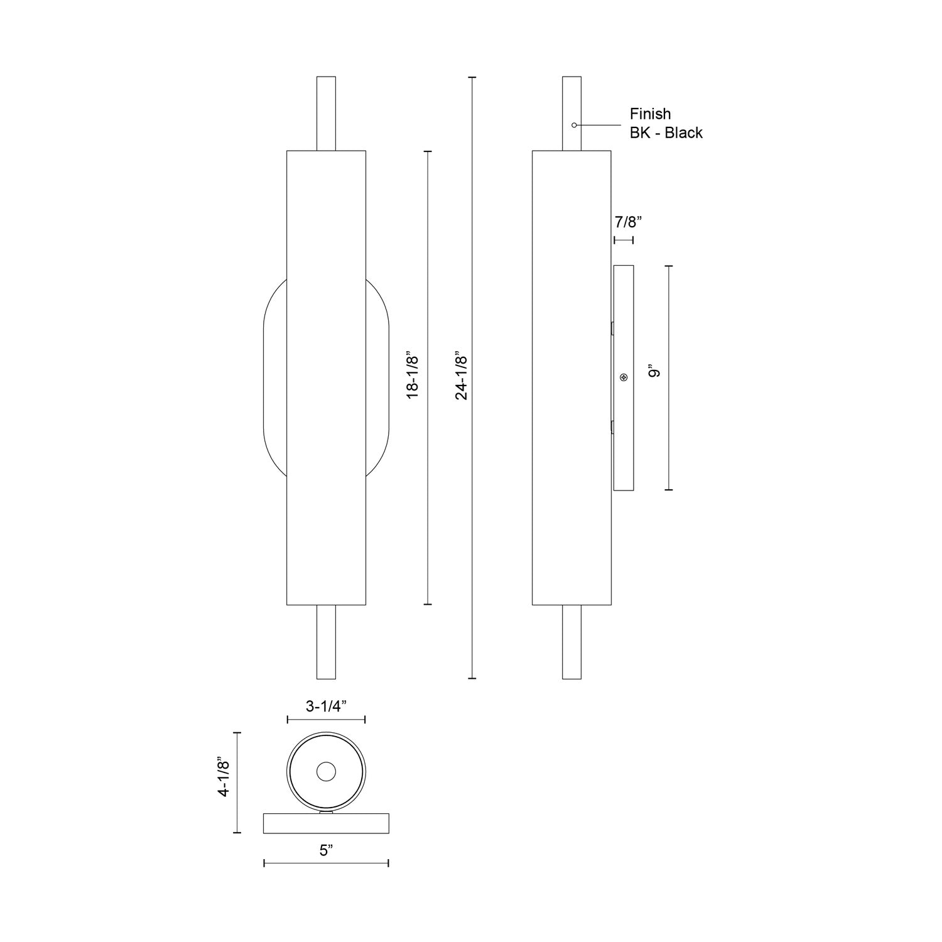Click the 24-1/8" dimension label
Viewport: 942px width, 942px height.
(x=462, y=375)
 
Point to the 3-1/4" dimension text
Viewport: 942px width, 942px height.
(x=326, y=706)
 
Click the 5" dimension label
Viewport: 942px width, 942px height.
(x=325, y=851)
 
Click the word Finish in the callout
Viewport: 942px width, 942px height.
(x=651, y=114)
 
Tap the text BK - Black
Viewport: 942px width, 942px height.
(x=666, y=133)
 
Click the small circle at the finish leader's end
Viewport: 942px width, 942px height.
(x=573, y=126)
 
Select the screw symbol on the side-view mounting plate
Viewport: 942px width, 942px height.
(x=624, y=377)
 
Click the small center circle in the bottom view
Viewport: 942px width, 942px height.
(x=326, y=772)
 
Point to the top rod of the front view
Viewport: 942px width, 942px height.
(x=326, y=114)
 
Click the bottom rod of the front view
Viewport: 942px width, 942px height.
(x=326, y=642)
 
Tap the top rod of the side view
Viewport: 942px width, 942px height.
(x=571, y=100)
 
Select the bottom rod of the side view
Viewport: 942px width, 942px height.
(x=571, y=642)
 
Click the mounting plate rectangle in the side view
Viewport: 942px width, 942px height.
(x=624, y=440)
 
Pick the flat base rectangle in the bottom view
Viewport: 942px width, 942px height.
(x=326, y=823)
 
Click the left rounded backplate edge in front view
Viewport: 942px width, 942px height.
(x=264, y=377)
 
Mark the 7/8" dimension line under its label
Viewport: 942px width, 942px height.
(x=624, y=240)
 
